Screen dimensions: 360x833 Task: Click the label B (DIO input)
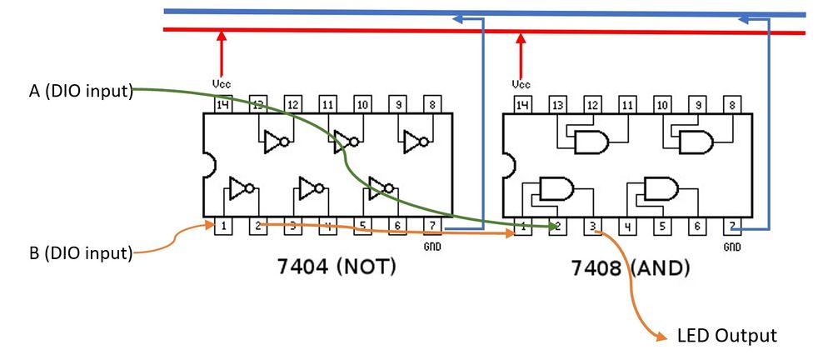tap(80, 252)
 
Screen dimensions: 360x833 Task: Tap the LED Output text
tap(726, 336)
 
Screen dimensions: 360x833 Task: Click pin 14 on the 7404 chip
tap(222, 104)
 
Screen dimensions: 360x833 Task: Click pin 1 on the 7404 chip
tap(222, 226)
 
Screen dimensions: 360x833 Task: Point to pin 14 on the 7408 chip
tap(522, 104)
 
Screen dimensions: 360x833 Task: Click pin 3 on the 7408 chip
tap(591, 226)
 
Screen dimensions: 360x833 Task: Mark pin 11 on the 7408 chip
tap(627, 104)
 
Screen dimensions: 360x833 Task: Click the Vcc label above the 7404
tap(222, 84)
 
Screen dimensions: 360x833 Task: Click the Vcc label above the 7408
tap(521, 84)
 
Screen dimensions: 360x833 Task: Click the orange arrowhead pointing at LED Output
tap(661, 337)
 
